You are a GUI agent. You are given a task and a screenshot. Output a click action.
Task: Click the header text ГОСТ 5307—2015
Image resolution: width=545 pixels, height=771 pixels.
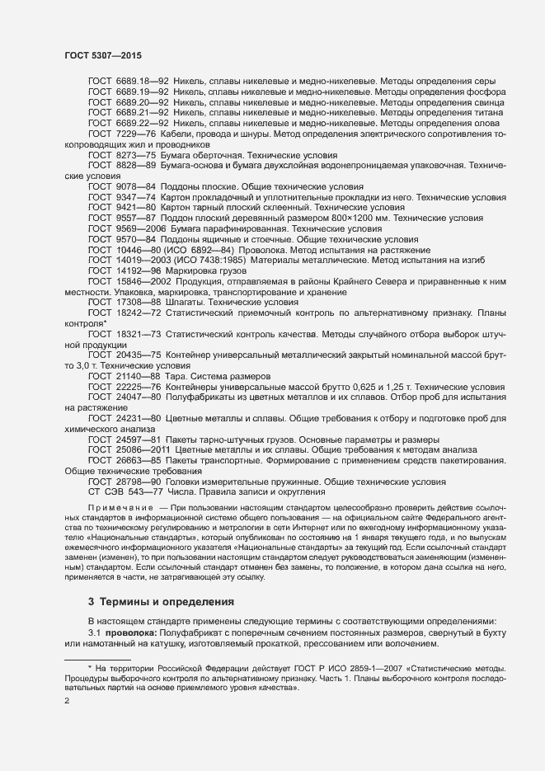coord(102,56)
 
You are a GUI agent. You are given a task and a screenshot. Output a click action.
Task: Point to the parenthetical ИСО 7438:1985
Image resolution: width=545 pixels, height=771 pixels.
coord(225,260)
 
